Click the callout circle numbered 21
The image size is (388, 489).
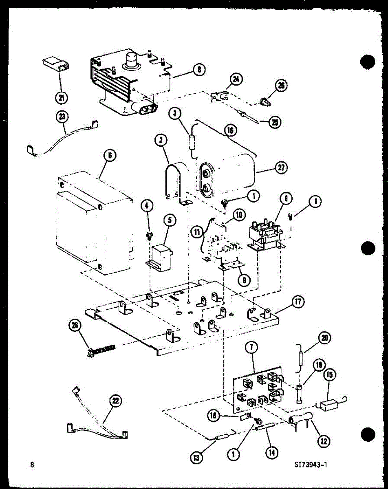(62, 97)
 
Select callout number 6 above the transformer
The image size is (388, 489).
(110, 155)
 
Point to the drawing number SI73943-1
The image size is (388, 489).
(310, 465)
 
